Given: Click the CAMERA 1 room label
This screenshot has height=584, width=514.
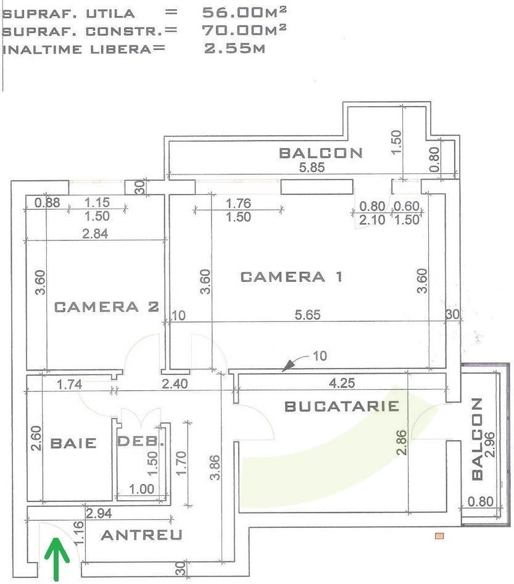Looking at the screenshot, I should pos(291,277).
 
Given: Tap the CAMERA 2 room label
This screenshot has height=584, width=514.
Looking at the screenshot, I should pos(107,306).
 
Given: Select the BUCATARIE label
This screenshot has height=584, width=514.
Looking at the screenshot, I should pos(341,406).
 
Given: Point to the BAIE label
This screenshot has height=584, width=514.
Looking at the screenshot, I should pos(73,443).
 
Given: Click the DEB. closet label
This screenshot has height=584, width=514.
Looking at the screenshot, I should pos(141,442).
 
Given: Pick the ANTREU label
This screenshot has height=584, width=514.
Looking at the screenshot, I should pos(141,535).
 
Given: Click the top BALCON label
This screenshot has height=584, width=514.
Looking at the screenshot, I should pos(321,153).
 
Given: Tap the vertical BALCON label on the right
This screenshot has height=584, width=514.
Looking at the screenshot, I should pos(476,438).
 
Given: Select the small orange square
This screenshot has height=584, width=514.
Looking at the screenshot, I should pos(439,536).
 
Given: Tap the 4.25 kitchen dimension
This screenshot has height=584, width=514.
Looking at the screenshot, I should pos(341,382).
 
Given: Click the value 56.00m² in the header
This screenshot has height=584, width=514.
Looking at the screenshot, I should pos(244,12).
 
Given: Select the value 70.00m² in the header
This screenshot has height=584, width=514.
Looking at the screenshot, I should pos(244,30).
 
